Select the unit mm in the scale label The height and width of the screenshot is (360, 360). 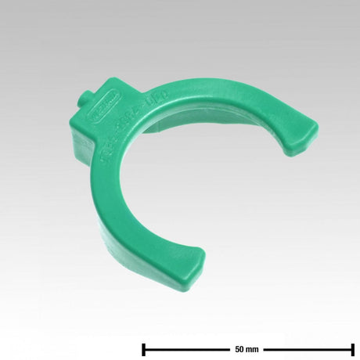253,327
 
